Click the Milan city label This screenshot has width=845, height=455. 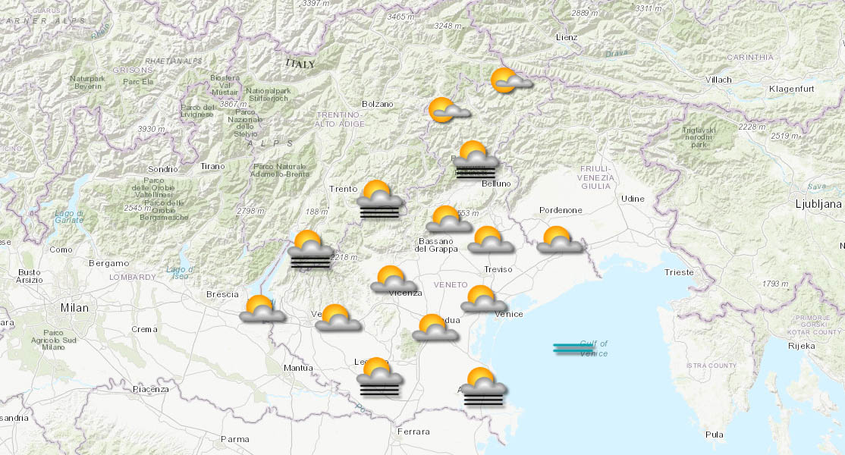coord(75,308)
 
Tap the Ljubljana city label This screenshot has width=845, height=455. coord(818,204)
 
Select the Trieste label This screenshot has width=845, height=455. coord(678,272)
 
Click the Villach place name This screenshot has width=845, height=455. coord(718,80)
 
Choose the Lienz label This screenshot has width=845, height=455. coord(566,37)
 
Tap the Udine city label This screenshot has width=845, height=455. coord(632,199)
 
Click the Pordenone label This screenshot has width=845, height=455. coord(561,210)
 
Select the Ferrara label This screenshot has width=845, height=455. coord(413,431)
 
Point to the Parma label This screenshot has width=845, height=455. coord(234,439)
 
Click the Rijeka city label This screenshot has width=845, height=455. coord(801,346)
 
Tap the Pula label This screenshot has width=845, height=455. coord(714,435)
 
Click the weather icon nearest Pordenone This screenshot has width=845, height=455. coord(559,240)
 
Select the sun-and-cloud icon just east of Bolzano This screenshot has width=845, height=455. coord(448,111)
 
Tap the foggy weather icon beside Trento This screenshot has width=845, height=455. coord(381,200)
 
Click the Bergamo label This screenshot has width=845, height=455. coord(108,263)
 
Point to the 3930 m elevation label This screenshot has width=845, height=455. coord(151,130)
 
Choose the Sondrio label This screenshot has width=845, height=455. coord(163,168)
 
